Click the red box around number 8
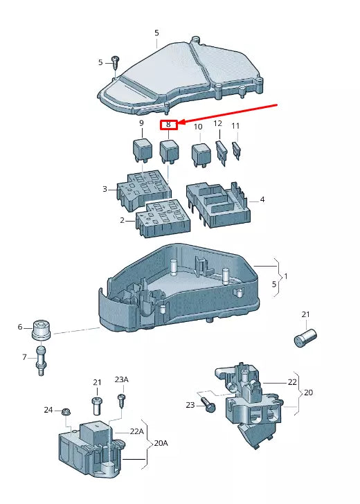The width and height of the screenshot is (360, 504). coord(168,125)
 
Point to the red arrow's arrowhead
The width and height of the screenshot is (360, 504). coord(182,124)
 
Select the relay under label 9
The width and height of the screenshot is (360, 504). coord(142,149)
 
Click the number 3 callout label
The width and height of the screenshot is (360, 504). coord(105,188)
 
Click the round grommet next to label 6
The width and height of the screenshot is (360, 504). coord(43,331)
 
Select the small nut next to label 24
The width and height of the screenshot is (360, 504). coord(65,412)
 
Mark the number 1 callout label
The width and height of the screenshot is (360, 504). coord(286,276)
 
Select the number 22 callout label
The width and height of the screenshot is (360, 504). coord(291,382)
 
